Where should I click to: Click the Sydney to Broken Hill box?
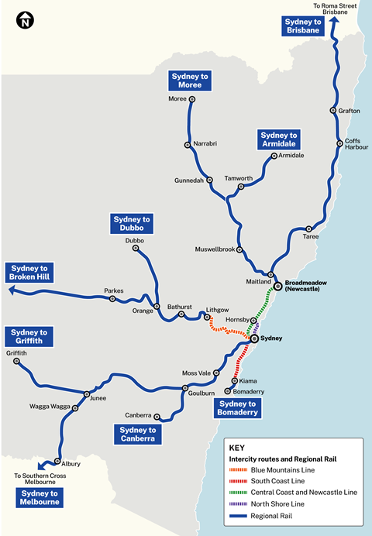click(29, 271)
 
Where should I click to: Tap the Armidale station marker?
click(275, 156)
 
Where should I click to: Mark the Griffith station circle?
click(16, 361)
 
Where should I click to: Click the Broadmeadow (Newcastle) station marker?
click(278, 284)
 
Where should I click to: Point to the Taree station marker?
click(308, 229)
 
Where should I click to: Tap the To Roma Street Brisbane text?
click(335, 9)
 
